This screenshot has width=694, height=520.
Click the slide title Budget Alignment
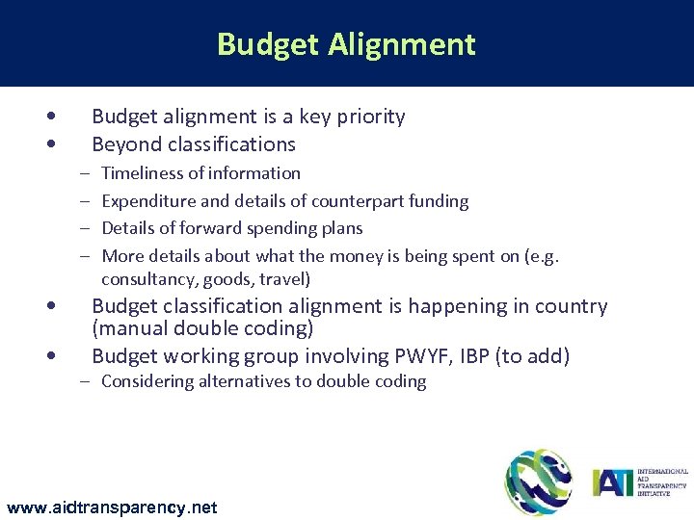pyautogui.click(x=346, y=44)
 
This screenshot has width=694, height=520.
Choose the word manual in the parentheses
pyautogui.click(x=130, y=328)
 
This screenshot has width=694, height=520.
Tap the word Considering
pyautogui.click(x=147, y=381)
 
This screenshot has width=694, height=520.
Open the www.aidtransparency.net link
pyautogui.click(x=112, y=507)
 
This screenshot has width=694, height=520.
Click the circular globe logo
pyautogui.click(x=538, y=481)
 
